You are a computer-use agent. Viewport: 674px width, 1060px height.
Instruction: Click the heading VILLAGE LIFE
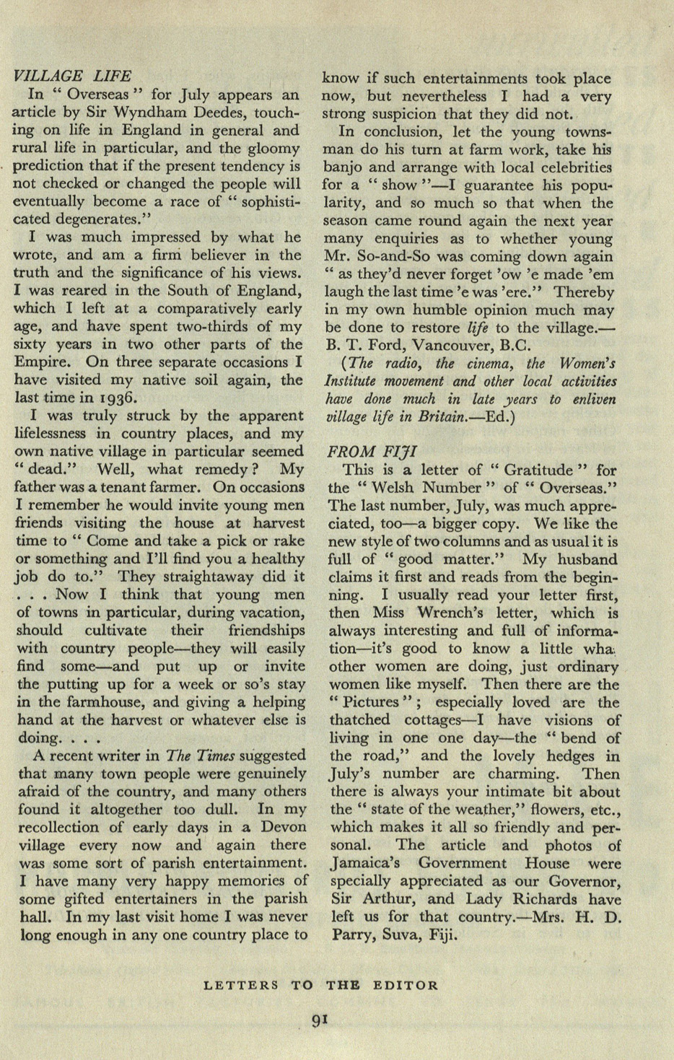point(72,76)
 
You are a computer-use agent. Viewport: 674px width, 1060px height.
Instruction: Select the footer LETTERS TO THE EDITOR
point(320,985)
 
